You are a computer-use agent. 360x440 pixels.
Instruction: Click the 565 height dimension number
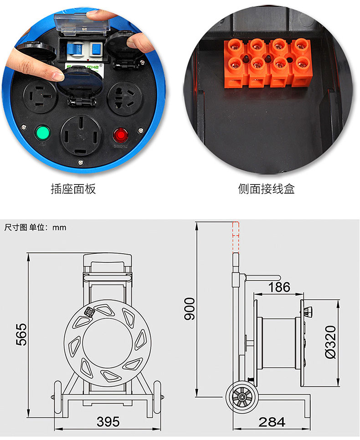[x=21, y=334]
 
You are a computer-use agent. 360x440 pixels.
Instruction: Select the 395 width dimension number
[x=108, y=422]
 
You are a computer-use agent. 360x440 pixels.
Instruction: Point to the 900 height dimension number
[x=190, y=309]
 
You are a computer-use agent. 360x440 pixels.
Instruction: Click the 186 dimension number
[x=279, y=287]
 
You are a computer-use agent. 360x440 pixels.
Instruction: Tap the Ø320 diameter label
[x=330, y=342]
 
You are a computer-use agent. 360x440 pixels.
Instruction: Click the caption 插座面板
[x=73, y=189]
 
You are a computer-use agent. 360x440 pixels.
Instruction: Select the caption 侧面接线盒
[x=267, y=189]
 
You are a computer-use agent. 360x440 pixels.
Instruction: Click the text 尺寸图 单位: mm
[x=36, y=227]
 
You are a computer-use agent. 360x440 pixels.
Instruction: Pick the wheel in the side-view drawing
[x=242, y=397]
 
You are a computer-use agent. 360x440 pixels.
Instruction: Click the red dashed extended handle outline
[x=236, y=237]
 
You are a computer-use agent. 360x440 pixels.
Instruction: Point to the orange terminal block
[x=267, y=63]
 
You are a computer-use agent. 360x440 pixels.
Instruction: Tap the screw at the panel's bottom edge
[x=81, y=162]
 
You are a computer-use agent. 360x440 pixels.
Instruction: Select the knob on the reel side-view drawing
[x=308, y=311]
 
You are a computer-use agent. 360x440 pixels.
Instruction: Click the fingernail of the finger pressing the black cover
[x=58, y=76]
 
